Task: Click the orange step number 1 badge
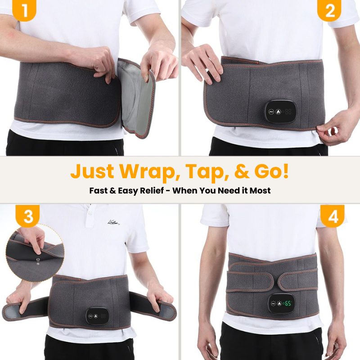tap(24, 11)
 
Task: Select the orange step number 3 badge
tap(28, 216)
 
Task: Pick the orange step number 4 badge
tap(333, 216)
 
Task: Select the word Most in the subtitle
tap(261, 190)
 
